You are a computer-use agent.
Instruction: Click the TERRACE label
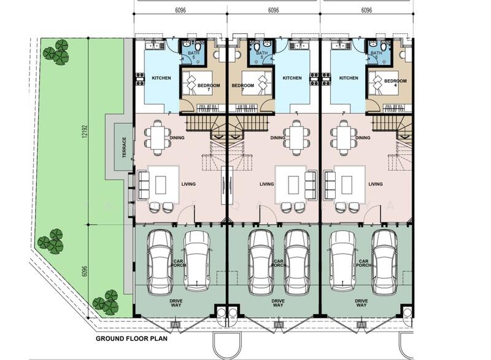(x=124, y=148)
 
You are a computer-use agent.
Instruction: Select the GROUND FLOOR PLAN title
(x=132, y=338)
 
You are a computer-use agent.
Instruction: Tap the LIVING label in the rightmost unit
(x=376, y=184)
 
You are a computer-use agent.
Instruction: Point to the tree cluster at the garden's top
(x=60, y=52)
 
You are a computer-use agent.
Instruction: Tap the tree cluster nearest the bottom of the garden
(x=106, y=302)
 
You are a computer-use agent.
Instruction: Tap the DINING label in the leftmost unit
(x=176, y=138)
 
